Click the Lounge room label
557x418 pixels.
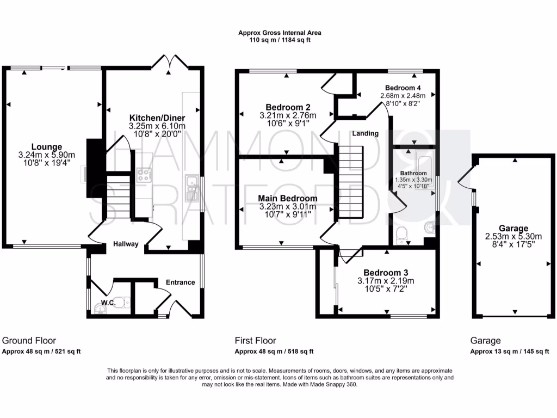click(x=46, y=146)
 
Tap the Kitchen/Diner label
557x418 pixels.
click(x=157, y=118)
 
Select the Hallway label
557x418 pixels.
click(x=126, y=244)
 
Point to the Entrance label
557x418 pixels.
click(x=180, y=282)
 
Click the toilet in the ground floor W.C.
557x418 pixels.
click(x=123, y=303)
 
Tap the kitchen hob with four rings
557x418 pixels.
click(x=144, y=175)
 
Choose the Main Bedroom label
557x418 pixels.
click(x=287, y=198)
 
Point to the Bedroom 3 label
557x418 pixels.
click(x=386, y=273)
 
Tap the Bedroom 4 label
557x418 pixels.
click(x=403, y=88)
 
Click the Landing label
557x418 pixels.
click(x=365, y=133)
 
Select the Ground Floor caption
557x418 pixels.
click(x=29, y=340)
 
